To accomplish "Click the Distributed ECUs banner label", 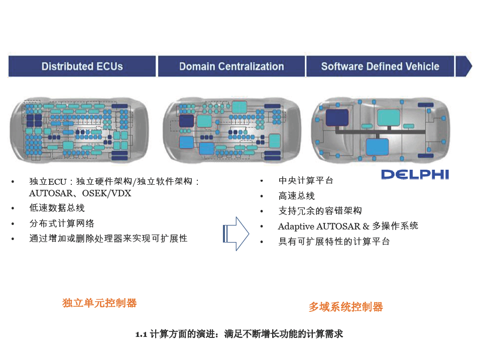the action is click(82, 66).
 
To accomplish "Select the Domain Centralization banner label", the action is click(231, 66).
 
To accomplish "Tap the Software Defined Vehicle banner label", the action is click(380, 66).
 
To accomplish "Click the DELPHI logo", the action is click(415, 175).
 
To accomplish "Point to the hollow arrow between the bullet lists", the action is click(236, 234).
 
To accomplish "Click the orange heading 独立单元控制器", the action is click(99, 303).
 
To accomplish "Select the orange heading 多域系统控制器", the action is click(345, 307).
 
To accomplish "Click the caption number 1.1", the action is click(141, 334).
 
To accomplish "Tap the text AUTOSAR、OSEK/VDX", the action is click(80, 193).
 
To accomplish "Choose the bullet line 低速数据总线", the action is click(57, 208).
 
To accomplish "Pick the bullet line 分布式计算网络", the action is click(62, 223).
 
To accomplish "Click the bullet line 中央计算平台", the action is click(306, 181).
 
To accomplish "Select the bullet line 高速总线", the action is click(296, 196).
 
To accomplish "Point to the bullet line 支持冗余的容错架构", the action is click(320, 211).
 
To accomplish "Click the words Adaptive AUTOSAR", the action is click(319, 226).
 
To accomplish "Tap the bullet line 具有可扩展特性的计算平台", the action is click(334, 242).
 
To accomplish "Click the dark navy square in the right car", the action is click(337, 117).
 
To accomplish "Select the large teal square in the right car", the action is click(389, 117).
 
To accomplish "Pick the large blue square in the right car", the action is click(378, 147).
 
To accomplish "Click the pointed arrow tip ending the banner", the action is click(472, 66).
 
